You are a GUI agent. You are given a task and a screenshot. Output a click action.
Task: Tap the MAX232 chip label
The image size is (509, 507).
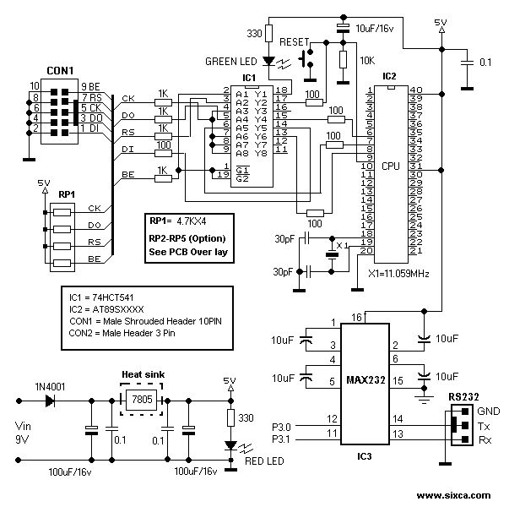(364, 380)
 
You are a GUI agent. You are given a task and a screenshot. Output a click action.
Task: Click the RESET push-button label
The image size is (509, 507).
(295, 41)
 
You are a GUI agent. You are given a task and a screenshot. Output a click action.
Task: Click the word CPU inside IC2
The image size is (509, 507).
(390, 166)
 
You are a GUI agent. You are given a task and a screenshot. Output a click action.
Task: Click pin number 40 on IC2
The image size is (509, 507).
(415, 90)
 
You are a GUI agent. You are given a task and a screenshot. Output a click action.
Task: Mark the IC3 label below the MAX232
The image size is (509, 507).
(364, 457)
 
